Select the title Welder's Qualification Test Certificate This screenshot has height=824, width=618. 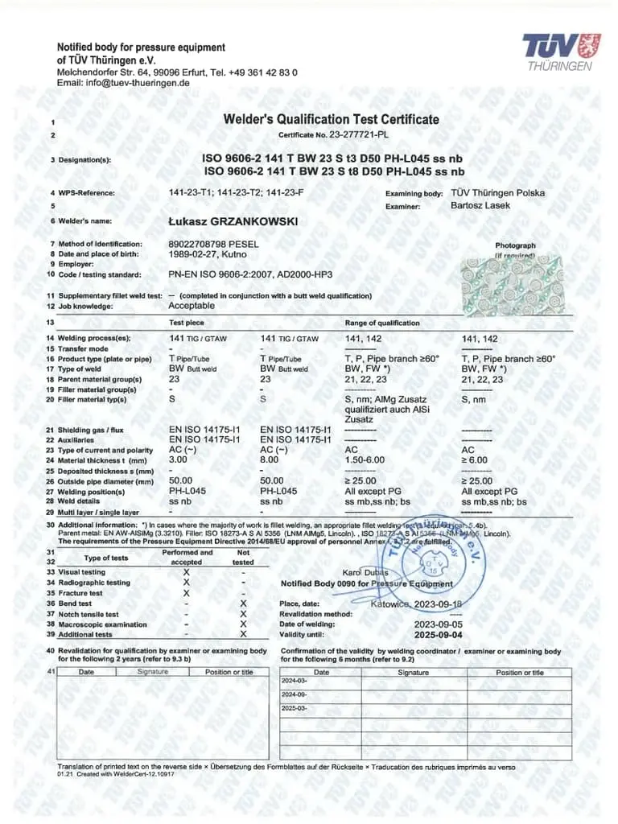(x=331, y=119)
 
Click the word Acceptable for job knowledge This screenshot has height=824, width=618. (x=192, y=306)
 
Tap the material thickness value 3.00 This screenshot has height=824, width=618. (x=178, y=460)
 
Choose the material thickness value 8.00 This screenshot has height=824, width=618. (x=270, y=460)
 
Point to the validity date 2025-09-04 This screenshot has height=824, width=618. (x=439, y=634)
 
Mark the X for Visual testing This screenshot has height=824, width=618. (x=187, y=571)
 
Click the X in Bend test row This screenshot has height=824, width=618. (x=243, y=603)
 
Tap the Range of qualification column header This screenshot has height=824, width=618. (x=382, y=323)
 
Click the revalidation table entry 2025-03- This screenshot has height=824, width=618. (x=295, y=708)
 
